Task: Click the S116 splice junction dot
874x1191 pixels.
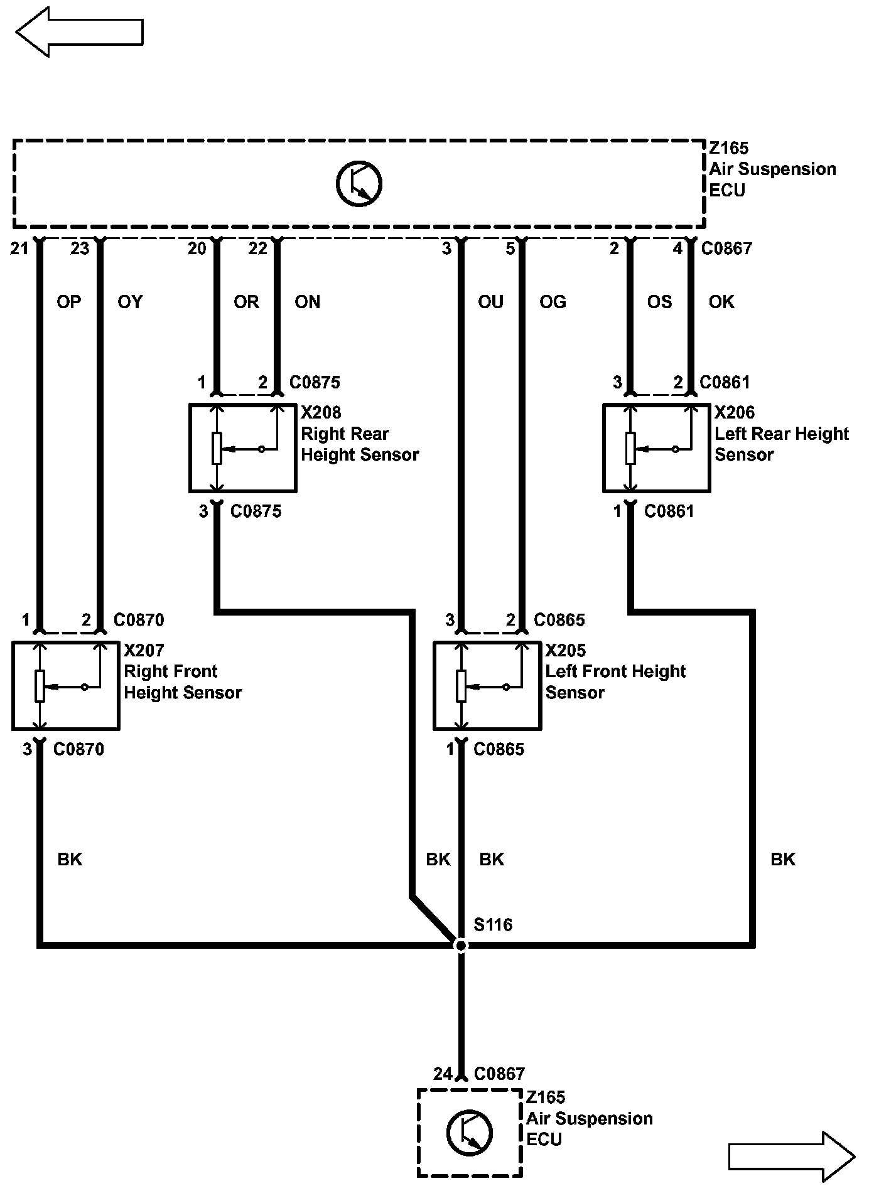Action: click(x=461, y=945)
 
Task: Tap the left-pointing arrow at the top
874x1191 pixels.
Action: click(x=79, y=32)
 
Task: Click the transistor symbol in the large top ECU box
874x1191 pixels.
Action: click(x=359, y=184)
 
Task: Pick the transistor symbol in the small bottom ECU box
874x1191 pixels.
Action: click(x=470, y=1133)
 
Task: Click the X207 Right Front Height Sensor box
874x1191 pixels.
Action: click(x=66, y=685)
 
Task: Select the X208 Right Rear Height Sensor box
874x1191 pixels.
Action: click(x=243, y=448)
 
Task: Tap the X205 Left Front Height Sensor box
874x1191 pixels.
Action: click(x=487, y=685)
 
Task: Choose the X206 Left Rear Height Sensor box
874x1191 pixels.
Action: click(x=657, y=448)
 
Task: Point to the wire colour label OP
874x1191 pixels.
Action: click(x=69, y=302)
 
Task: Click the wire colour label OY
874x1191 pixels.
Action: click(x=131, y=302)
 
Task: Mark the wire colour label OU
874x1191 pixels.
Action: click(x=491, y=302)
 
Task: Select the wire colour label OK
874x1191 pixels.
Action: click(x=721, y=302)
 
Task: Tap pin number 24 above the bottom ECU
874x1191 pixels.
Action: click(x=443, y=1074)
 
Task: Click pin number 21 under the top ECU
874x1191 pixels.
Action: click(x=19, y=249)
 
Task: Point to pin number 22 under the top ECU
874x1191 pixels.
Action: click(x=257, y=249)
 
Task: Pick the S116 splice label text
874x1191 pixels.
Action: click(x=493, y=924)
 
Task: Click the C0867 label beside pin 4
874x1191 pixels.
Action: click(x=726, y=249)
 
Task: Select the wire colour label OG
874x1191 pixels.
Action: click(x=553, y=302)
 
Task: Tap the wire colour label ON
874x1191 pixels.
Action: click(x=308, y=302)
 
